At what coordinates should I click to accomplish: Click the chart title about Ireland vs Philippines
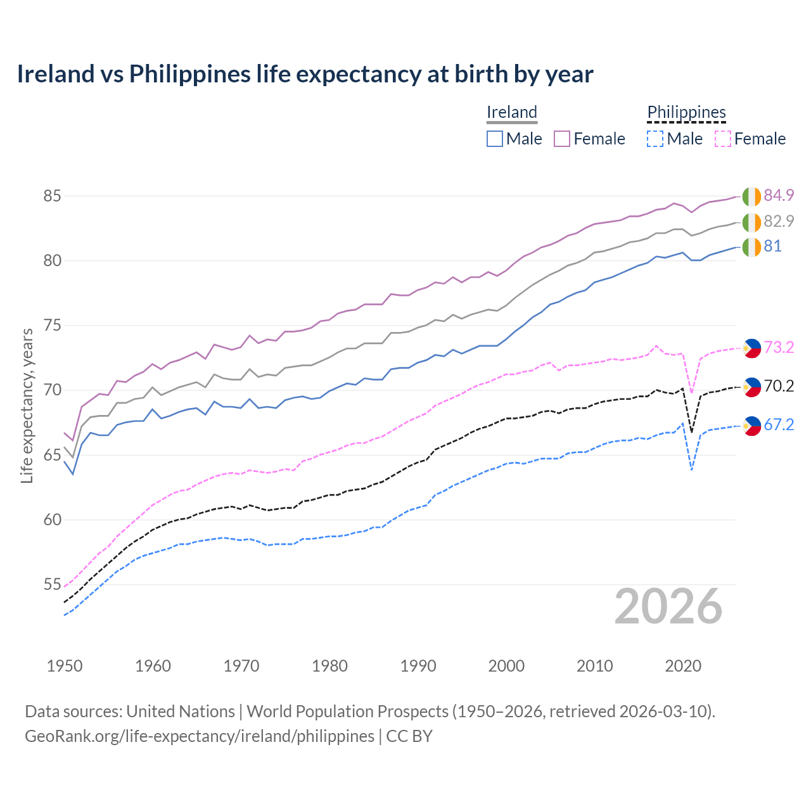pos(305,74)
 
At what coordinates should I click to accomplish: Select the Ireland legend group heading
pos(511,112)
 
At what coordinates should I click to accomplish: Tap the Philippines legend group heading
pos(686,112)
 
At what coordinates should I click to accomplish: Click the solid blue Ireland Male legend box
pos(495,139)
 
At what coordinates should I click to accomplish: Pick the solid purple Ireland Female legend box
pos(562,139)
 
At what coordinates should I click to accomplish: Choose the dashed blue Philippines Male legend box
pos(655,139)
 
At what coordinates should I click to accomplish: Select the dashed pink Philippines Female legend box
pos(723,139)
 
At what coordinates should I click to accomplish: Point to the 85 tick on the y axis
pos(52,196)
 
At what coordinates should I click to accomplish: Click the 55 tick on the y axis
pos(52,585)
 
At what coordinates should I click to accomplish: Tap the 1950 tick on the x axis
pos(65,666)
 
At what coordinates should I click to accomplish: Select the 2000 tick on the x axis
pos(506,666)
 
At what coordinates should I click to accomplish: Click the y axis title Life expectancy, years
pos(27,405)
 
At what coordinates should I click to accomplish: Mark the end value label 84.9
pos(779,195)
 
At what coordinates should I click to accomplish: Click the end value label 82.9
pos(779,221)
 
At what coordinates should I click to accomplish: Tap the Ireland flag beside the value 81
pos(751,246)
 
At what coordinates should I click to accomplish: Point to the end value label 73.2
pos(779,347)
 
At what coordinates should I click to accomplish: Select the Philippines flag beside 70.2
pos(751,386)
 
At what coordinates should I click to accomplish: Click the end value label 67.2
pos(779,425)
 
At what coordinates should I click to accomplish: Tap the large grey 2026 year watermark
pos(668,606)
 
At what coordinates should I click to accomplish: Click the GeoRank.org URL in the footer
pos(200,736)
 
